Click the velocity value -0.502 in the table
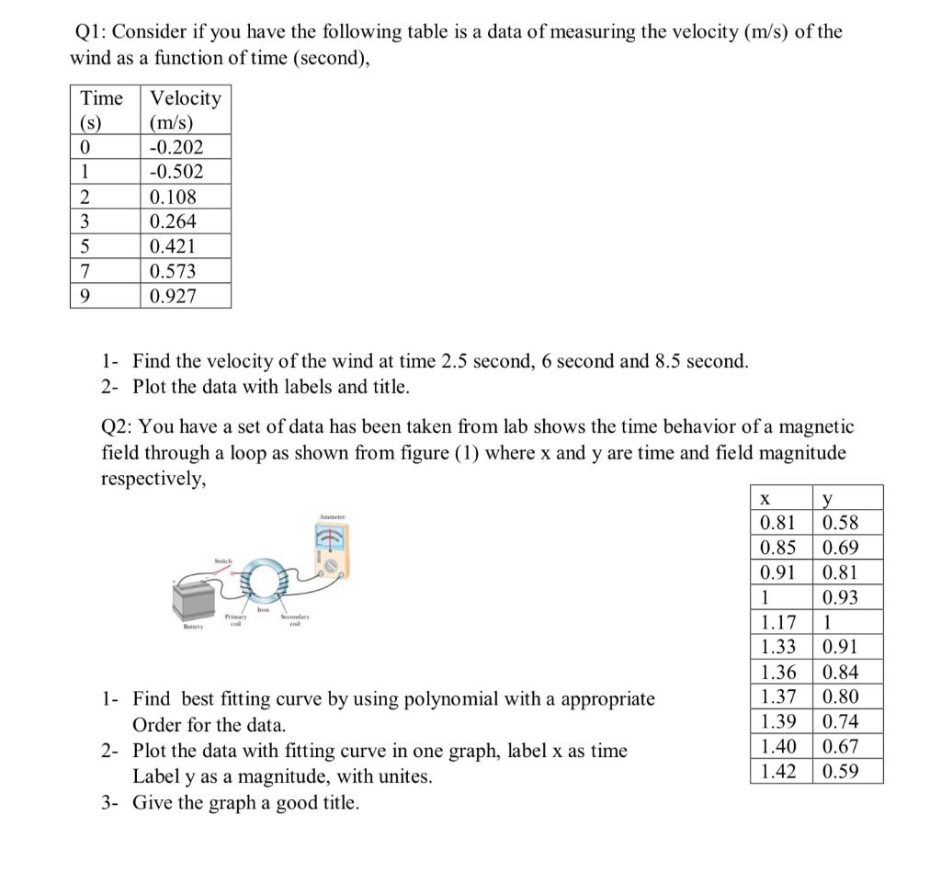coord(176,172)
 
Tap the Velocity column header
coord(185,97)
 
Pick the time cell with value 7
coord(85,271)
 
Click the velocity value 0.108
coord(173,197)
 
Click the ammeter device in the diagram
coord(331,549)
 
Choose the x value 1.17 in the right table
coord(777,623)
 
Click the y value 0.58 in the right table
coord(841,523)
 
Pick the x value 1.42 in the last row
coord(777,771)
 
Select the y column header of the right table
coord(829,498)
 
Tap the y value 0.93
coord(841,598)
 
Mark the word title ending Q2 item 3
coord(339,802)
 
